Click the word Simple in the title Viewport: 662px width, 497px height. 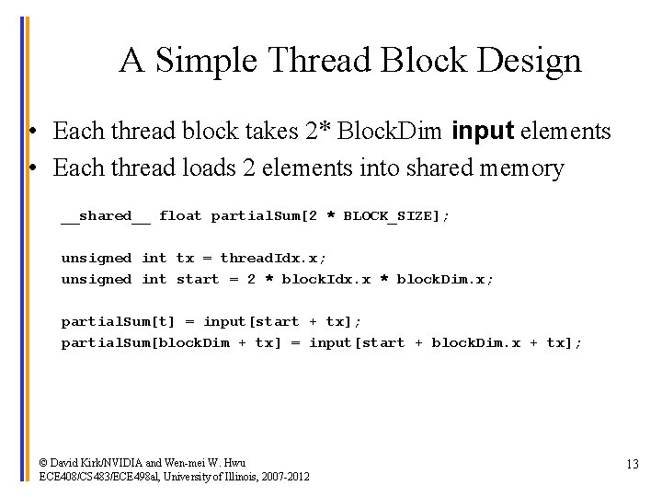[x=207, y=61]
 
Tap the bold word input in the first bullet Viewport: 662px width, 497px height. [x=483, y=132]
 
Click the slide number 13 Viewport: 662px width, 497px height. [x=632, y=464]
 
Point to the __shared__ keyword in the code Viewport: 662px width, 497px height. [x=106, y=216]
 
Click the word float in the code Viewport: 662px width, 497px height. [x=179, y=216]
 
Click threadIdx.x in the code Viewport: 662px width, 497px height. [x=273, y=259]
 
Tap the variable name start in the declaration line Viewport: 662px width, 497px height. [x=198, y=280]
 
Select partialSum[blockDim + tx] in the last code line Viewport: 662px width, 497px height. [x=172, y=343]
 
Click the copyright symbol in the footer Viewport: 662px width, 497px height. [x=44, y=462]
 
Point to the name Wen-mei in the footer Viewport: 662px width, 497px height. [x=187, y=462]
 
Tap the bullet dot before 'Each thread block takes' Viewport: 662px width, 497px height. [x=32, y=133]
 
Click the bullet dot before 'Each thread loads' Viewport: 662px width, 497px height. [x=32, y=169]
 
